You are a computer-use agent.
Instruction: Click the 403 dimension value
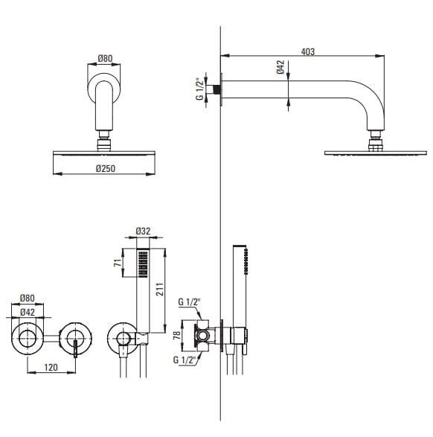point(308,52)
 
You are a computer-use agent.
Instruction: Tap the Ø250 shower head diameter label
point(106,168)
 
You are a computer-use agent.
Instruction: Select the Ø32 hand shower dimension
point(143,231)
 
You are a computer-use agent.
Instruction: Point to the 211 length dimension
point(159,289)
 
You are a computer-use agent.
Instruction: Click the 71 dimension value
point(118,263)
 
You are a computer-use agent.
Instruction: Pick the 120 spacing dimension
point(51,367)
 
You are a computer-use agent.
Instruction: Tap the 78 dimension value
point(177,335)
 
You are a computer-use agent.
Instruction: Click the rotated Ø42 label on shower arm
point(280,67)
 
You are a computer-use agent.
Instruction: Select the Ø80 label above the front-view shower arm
point(105,59)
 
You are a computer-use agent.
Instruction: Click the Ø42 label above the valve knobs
point(28,313)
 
